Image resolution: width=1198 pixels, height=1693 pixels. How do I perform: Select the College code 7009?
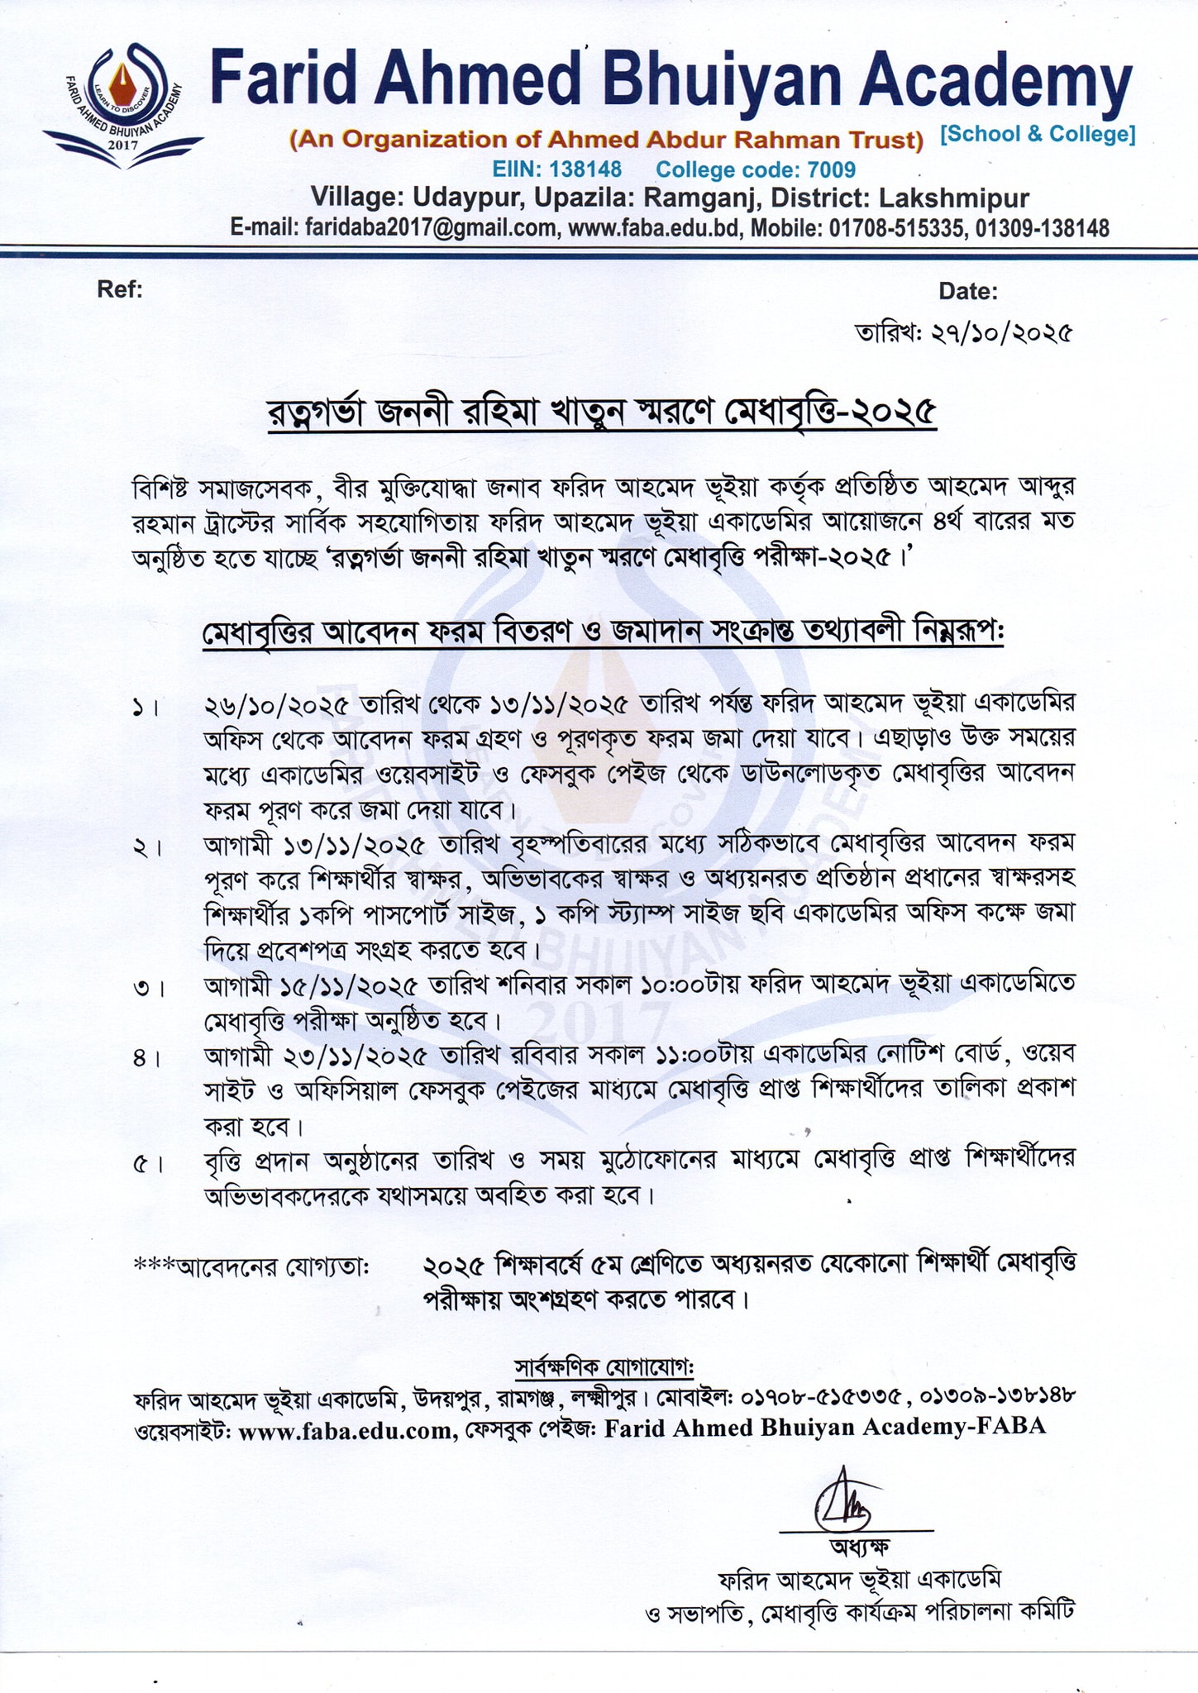coord(831,170)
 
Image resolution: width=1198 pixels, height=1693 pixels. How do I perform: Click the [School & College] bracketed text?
coord(1038,135)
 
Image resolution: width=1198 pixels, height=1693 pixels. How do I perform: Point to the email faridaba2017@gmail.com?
coord(431,228)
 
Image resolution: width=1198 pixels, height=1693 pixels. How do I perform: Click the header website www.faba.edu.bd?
coord(653,228)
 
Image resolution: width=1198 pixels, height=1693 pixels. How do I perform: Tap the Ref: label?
coord(120,289)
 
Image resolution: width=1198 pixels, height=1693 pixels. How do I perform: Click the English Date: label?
coord(967,291)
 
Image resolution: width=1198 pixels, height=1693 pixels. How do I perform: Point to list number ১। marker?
coord(146,708)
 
